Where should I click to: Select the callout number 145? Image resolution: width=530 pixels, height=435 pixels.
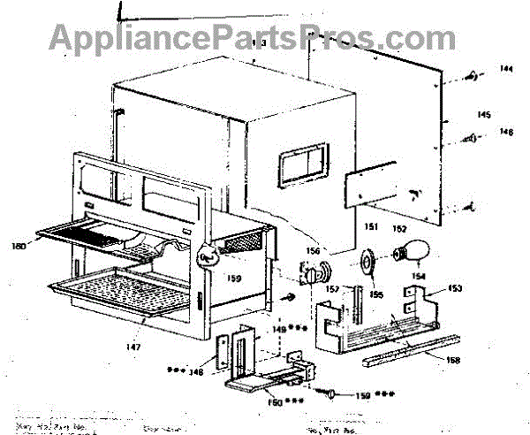pos(483,115)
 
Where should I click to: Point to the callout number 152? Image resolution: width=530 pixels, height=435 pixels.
pos(399,228)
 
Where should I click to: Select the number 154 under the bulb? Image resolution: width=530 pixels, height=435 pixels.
pos(419,277)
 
